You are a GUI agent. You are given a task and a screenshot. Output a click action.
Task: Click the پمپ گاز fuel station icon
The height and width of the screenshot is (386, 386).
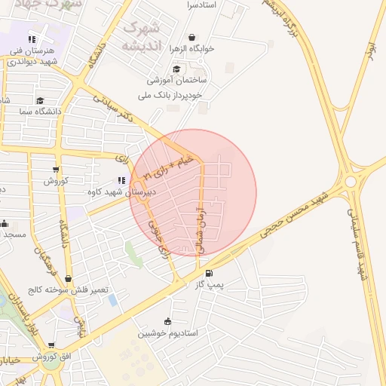(x=209, y=274)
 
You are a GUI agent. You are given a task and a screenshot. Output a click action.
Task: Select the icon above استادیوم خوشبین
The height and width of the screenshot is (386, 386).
(x=167, y=321)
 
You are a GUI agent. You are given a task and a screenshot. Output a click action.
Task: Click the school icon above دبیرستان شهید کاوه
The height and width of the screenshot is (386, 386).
(x=121, y=181)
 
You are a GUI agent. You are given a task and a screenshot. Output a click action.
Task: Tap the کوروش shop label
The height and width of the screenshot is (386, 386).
(x=56, y=180)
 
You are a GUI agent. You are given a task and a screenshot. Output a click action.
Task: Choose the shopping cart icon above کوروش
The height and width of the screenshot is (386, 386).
(x=56, y=170)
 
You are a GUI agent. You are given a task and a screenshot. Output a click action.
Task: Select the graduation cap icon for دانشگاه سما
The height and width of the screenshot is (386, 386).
(x=39, y=100)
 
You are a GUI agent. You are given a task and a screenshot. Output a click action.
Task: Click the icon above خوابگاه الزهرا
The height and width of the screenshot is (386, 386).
(x=191, y=38)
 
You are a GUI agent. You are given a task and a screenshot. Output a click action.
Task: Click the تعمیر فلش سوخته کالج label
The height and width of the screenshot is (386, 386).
(x=69, y=289)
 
